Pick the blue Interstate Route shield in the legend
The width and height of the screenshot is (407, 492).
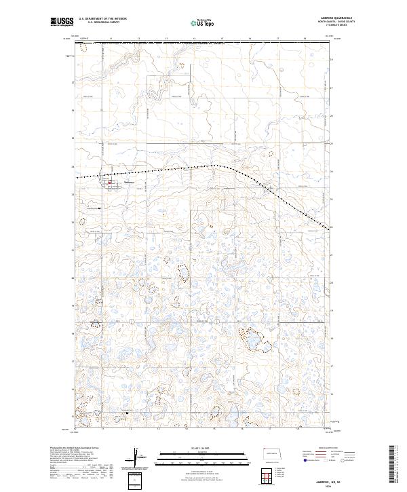303,460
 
